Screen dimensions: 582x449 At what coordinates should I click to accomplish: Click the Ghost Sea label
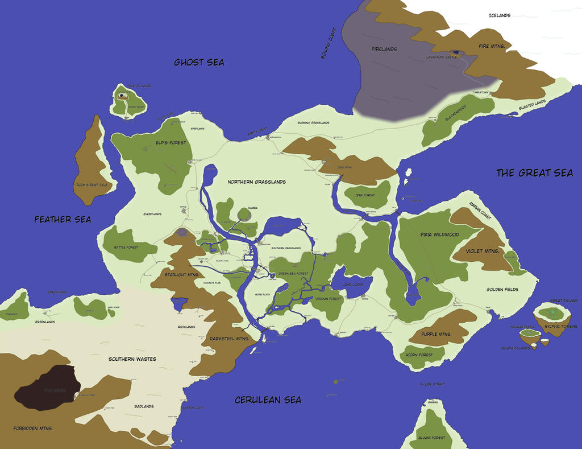click(199, 63)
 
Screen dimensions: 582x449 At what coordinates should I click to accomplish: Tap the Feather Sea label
click(63, 219)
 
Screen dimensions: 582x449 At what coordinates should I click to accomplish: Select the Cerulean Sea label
click(268, 400)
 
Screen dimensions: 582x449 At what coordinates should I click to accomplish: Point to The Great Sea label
click(534, 173)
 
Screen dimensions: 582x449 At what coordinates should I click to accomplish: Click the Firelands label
click(384, 50)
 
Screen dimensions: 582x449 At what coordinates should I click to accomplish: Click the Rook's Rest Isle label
click(92, 185)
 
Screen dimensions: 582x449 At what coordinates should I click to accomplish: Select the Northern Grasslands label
click(256, 182)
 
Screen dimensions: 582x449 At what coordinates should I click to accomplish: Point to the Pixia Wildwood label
click(439, 234)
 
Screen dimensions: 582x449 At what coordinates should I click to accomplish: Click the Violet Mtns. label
click(482, 251)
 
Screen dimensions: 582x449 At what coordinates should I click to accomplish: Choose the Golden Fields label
click(502, 290)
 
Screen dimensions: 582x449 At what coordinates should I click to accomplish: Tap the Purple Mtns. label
click(436, 334)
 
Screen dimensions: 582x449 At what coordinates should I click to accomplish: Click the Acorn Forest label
click(419, 355)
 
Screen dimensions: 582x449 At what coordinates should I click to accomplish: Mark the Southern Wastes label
click(132, 359)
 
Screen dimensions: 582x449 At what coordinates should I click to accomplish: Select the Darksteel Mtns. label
click(229, 339)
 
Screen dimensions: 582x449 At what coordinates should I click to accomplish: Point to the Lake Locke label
click(352, 284)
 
